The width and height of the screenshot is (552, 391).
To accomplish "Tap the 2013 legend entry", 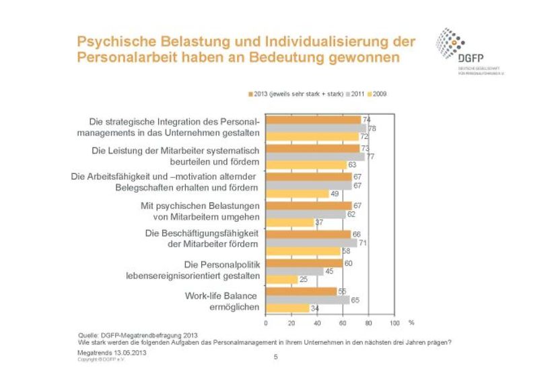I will [x=296, y=94].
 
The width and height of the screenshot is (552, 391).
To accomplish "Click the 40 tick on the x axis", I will [x=317, y=323].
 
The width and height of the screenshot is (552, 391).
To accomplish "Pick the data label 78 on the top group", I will [x=371, y=128].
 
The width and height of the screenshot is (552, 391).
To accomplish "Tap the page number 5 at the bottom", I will [x=275, y=357].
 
